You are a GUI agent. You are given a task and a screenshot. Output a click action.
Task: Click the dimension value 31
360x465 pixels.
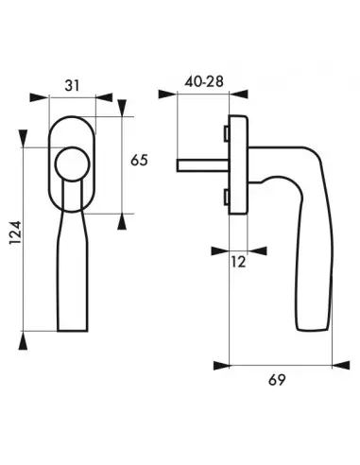[x=72, y=84]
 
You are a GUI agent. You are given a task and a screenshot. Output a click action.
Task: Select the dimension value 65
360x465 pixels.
[x=140, y=161]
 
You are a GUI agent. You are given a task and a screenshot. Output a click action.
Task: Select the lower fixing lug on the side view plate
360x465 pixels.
[x=227, y=196]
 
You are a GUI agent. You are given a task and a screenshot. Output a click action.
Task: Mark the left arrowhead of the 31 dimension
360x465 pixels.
[x=36, y=97]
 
